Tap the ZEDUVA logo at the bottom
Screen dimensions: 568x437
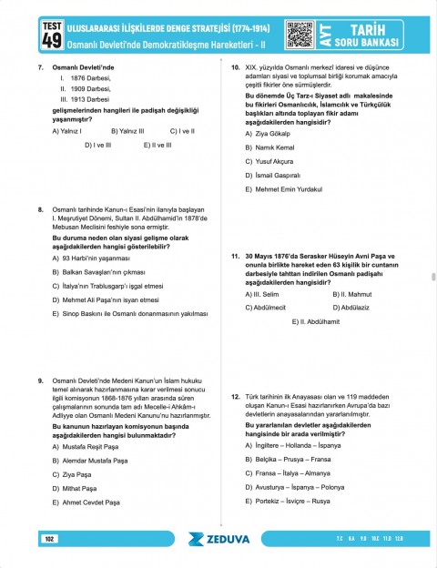tap(218, 539)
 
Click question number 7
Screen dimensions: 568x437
tap(41, 68)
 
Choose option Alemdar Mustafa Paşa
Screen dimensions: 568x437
tap(97, 461)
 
